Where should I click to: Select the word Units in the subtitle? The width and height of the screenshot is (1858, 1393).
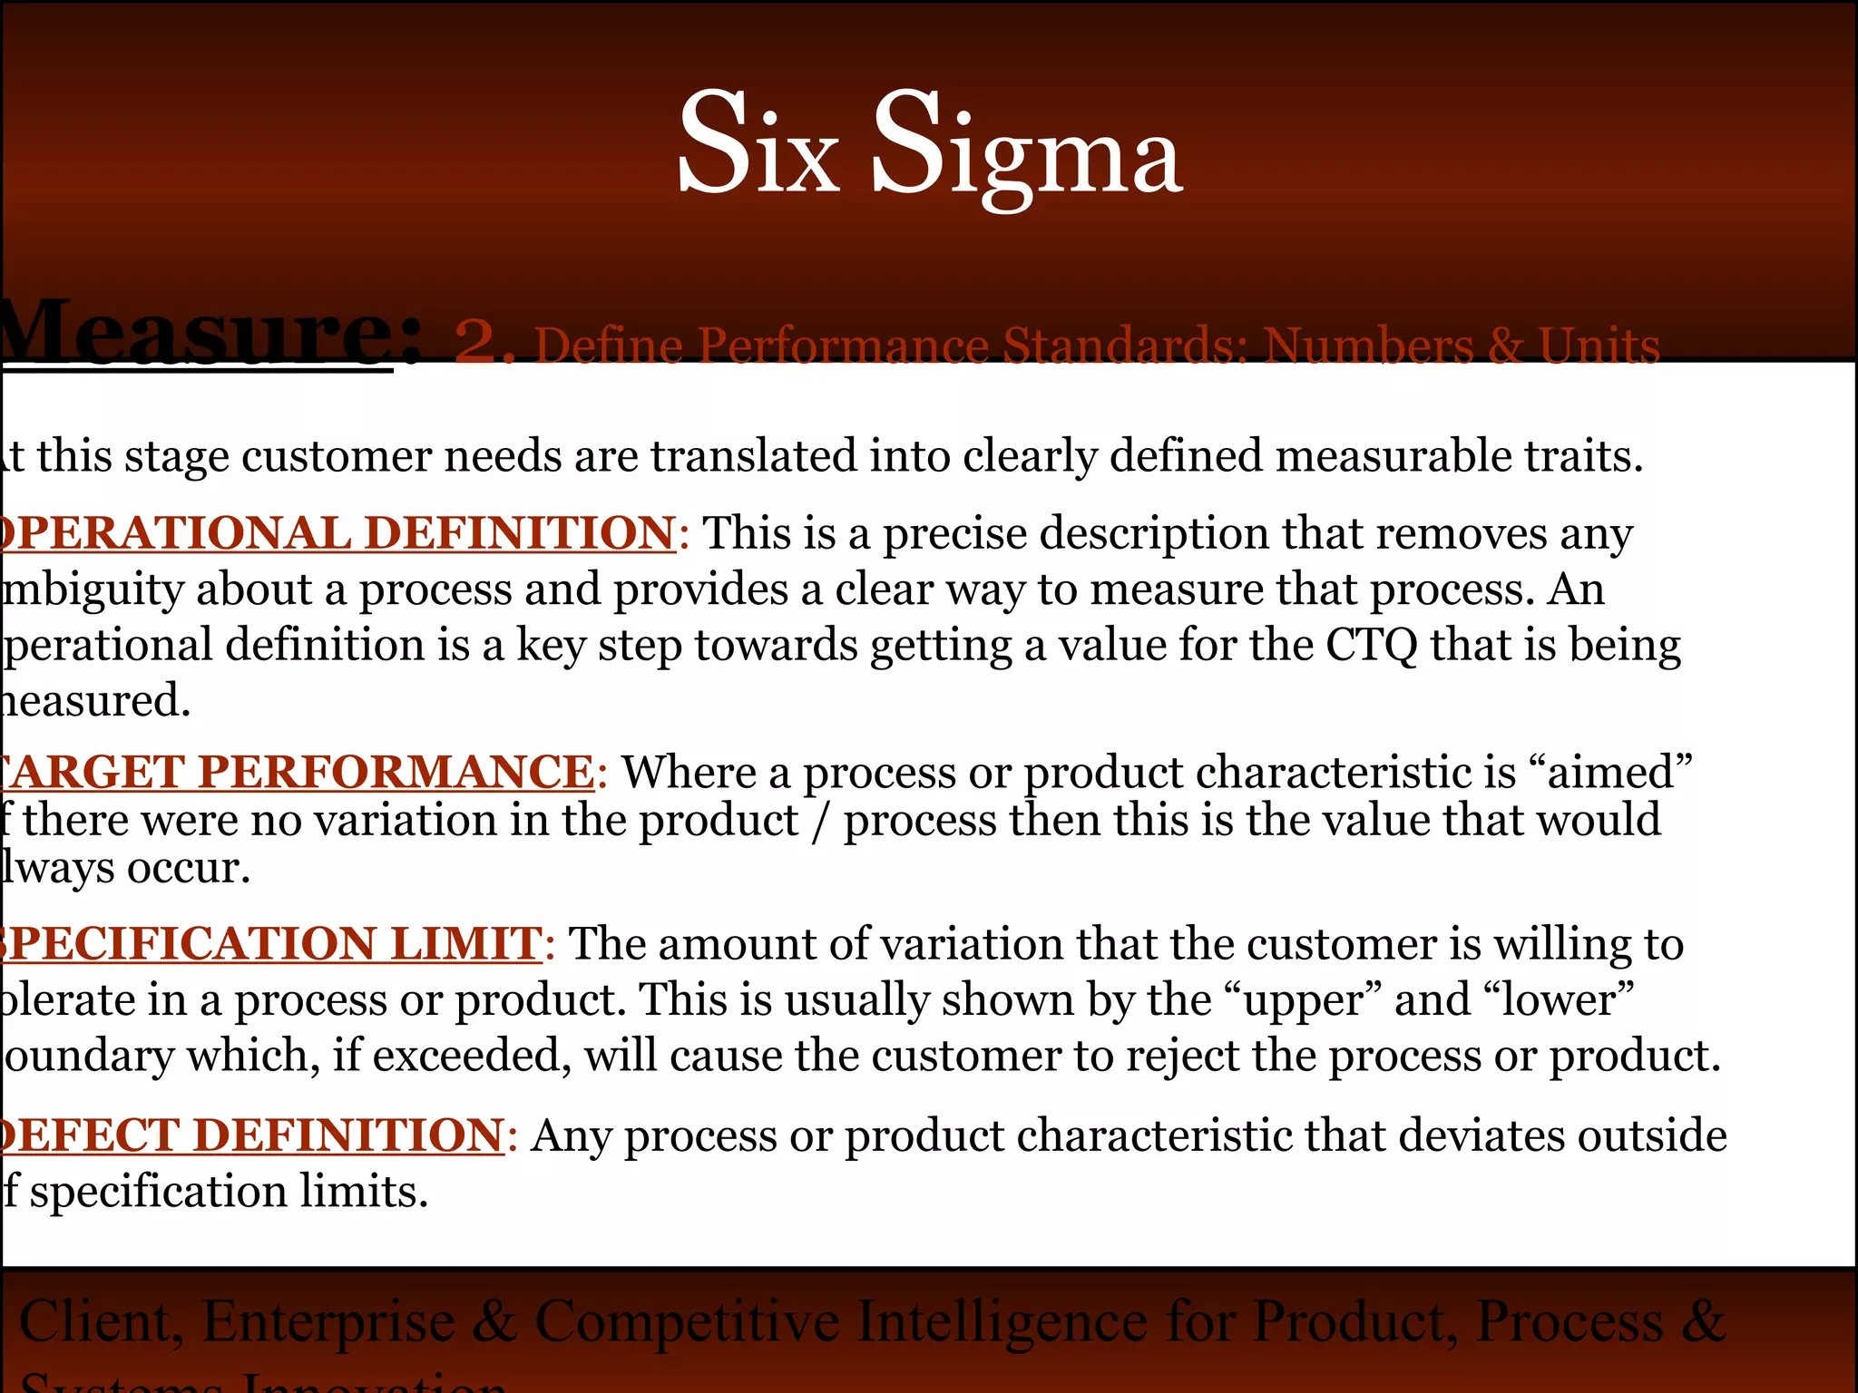click(x=1599, y=346)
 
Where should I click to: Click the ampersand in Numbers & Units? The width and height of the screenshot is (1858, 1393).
click(x=1505, y=346)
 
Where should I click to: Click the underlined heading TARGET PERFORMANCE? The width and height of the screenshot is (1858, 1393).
click(x=298, y=772)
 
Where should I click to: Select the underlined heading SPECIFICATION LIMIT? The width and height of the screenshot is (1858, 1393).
click(x=270, y=943)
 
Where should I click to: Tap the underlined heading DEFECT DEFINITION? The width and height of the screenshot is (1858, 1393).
click(x=252, y=1135)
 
